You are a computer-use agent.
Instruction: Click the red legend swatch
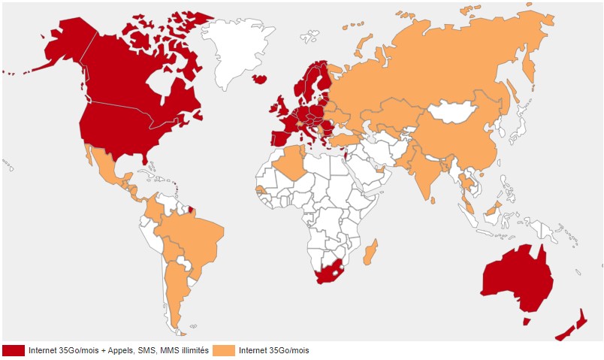[14, 350]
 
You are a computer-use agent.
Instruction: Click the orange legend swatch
[224, 350]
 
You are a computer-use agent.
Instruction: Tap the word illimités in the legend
[192, 350]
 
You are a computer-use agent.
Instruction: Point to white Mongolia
[455, 113]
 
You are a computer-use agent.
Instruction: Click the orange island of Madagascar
[370, 252]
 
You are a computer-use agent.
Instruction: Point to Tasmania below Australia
[527, 321]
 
